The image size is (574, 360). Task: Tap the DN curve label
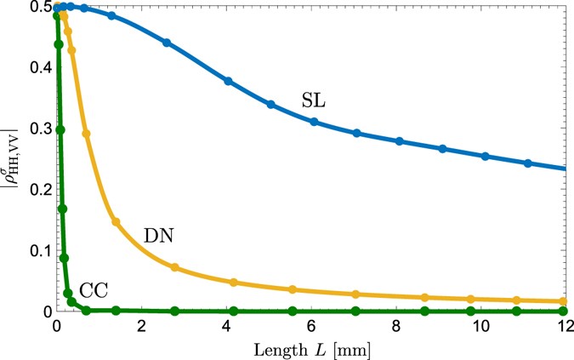click(159, 234)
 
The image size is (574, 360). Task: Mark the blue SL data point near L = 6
click(314, 122)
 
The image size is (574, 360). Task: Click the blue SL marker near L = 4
click(228, 81)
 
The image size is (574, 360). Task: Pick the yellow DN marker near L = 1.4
click(116, 222)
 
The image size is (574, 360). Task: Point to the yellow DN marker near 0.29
click(86, 134)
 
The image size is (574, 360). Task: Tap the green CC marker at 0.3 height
click(60, 129)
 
